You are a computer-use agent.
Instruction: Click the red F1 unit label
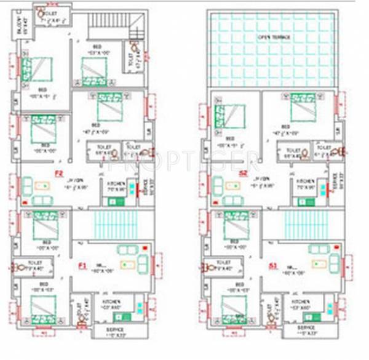point(82,266)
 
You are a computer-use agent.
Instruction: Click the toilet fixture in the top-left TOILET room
point(41,12)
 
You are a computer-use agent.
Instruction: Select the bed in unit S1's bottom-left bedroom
point(232,306)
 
